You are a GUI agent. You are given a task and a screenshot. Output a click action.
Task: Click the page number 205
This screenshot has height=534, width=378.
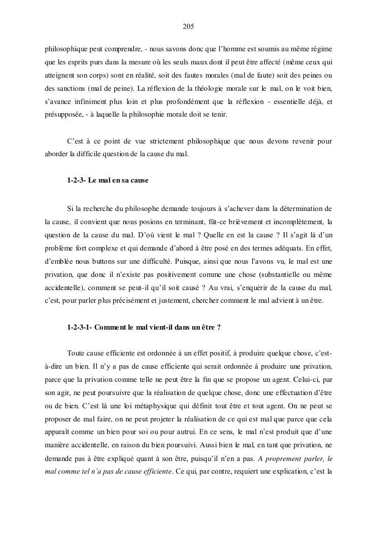pos(189,26)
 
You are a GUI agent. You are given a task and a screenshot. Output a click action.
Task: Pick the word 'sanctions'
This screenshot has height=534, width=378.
pos(76,89)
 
